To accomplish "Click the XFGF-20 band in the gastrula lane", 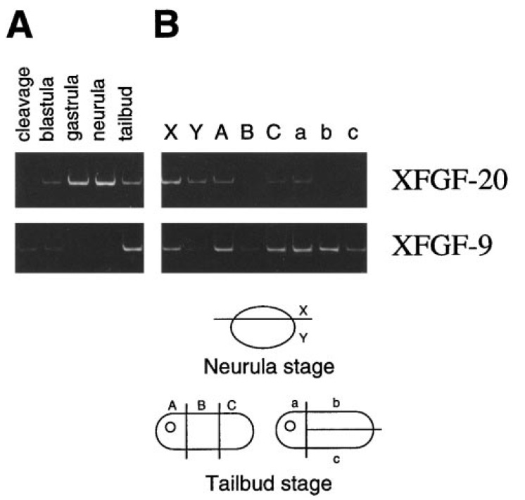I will click(79, 181).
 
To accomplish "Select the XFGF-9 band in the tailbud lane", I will click(132, 247).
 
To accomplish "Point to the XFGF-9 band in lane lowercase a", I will click(302, 248).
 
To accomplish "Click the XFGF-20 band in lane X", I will click(171, 181).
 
